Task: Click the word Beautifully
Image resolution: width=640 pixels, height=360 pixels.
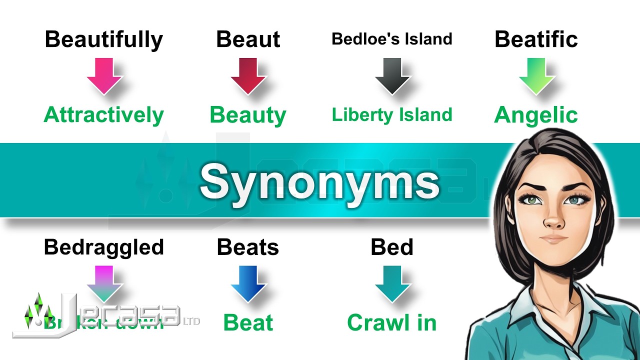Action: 103,39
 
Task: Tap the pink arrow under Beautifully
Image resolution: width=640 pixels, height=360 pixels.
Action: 104,75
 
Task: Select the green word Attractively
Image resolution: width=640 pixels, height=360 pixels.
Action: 103,115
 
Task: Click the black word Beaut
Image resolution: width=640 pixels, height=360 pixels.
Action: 248,39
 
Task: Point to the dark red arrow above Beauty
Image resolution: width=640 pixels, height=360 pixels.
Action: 248,75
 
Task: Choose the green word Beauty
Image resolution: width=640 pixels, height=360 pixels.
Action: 248,115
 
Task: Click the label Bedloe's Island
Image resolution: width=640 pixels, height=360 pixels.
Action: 392,39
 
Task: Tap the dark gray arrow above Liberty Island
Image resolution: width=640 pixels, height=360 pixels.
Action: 392,75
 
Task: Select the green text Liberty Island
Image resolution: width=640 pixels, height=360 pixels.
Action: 392,115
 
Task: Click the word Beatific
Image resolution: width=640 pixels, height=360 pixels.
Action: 536,39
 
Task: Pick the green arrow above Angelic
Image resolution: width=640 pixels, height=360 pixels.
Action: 536,75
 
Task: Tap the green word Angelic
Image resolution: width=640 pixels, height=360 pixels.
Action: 536,115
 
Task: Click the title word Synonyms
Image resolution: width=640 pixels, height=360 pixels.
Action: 319,181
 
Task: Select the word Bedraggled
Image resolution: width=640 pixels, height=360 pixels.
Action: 103,247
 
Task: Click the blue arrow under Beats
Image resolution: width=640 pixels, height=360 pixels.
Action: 248,283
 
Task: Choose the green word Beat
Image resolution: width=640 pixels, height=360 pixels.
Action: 248,323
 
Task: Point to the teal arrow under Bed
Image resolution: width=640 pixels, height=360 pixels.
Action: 392,283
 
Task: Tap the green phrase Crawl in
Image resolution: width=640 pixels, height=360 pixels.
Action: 392,323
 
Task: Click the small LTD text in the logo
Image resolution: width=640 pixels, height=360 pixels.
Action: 192,320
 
